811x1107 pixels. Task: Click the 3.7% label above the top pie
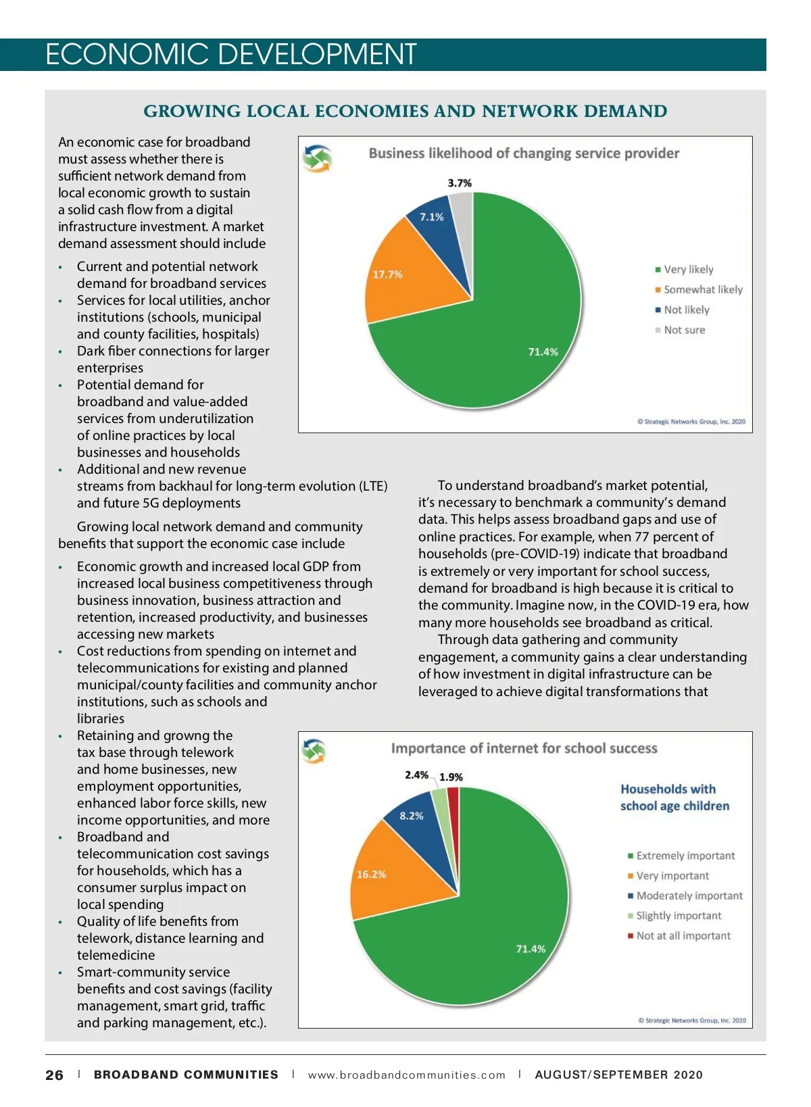tap(460, 183)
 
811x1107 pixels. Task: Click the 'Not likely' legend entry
tap(686, 310)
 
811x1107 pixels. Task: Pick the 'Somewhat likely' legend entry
tap(702, 290)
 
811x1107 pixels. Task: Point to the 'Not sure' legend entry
tap(684, 330)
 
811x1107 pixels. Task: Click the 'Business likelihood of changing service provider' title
tap(524, 153)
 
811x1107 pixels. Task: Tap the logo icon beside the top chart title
tap(317, 158)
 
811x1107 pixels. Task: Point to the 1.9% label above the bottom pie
tap(451, 777)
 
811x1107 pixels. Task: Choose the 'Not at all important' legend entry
tap(683, 936)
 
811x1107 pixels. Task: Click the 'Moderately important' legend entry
tap(689, 896)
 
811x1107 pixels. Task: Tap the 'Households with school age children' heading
tap(674, 797)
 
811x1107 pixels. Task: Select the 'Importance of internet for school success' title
tap(524, 749)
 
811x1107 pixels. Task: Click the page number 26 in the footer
tap(55, 1075)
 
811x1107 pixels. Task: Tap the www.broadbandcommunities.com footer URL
tap(406, 1075)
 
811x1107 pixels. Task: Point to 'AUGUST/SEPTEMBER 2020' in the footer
tap(618, 1075)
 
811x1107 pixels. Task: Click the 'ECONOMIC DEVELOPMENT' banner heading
tap(230, 55)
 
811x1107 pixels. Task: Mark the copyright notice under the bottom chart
tap(692, 1020)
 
